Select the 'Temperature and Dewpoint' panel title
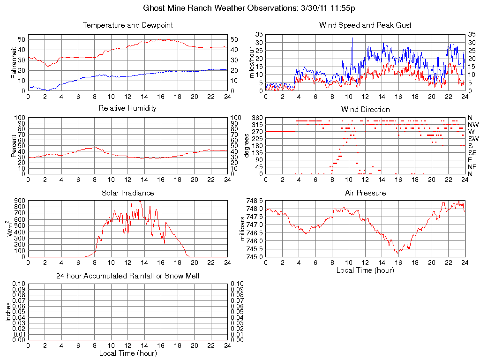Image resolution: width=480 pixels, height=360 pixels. click(127, 25)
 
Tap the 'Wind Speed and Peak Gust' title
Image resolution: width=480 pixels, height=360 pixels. click(365, 25)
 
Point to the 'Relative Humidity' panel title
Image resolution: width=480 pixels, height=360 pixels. click(127, 108)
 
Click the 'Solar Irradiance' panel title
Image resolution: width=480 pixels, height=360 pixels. click(127, 193)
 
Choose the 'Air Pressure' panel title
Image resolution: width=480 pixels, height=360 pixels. click(365, 193)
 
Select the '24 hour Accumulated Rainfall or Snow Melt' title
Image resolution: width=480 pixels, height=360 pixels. click(127, 276)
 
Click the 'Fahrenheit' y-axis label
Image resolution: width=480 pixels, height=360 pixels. click(14, 63)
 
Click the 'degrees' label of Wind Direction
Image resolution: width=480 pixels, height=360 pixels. click(247, 145)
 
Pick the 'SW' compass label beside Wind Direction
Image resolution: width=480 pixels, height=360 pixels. click(473, 139)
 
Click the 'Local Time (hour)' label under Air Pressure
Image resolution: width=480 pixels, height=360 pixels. click(365, 270)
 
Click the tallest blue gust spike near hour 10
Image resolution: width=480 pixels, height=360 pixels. click(352, 38)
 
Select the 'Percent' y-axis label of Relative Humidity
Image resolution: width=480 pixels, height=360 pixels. click(14, 145)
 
